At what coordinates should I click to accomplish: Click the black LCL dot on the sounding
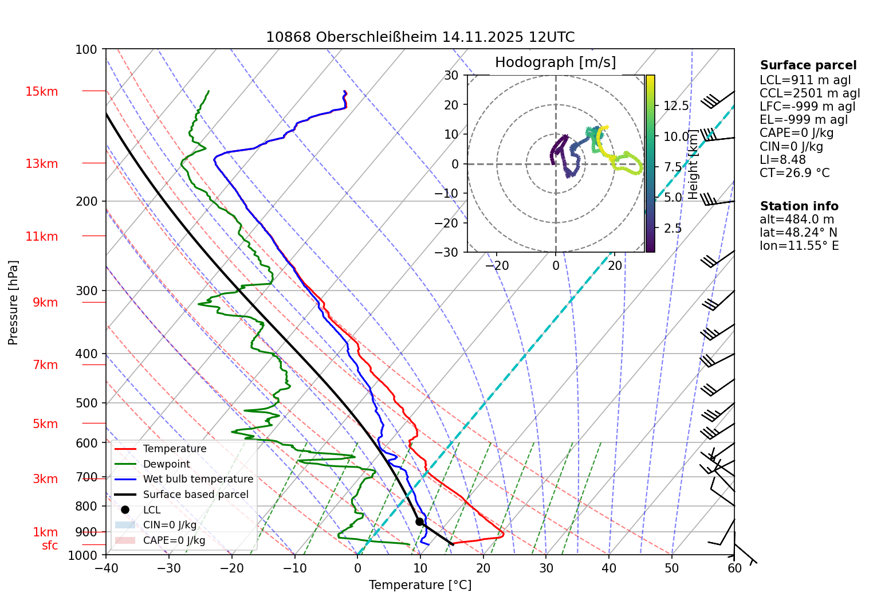coord(419,521)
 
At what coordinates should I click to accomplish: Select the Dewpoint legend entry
coord(166,464)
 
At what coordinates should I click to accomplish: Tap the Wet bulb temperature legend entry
coord(198,479)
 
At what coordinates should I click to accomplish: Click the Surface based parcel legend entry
coord(195,495)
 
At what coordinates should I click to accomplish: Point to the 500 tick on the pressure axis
coord(87,403)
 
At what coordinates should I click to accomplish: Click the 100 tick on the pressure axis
coord(86,50)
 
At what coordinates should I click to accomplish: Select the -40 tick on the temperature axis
coord(106,568)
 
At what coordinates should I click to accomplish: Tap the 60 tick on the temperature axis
coord(734,568)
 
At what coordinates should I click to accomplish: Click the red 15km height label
coord(42,92)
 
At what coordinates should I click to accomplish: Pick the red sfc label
coord(50,546)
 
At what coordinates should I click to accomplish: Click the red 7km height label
coord(45,365)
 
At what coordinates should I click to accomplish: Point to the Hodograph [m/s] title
coord(555,62)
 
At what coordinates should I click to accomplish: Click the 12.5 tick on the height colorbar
coord(676,106)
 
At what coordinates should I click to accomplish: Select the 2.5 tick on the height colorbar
coord(673,228)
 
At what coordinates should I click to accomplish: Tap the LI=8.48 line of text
coord(783,160)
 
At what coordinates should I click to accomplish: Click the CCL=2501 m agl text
coord(809,93)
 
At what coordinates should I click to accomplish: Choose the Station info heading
coord(799,206)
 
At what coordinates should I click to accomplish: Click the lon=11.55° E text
coord(799,246)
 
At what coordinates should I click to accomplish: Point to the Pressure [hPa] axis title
coord(13,303)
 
